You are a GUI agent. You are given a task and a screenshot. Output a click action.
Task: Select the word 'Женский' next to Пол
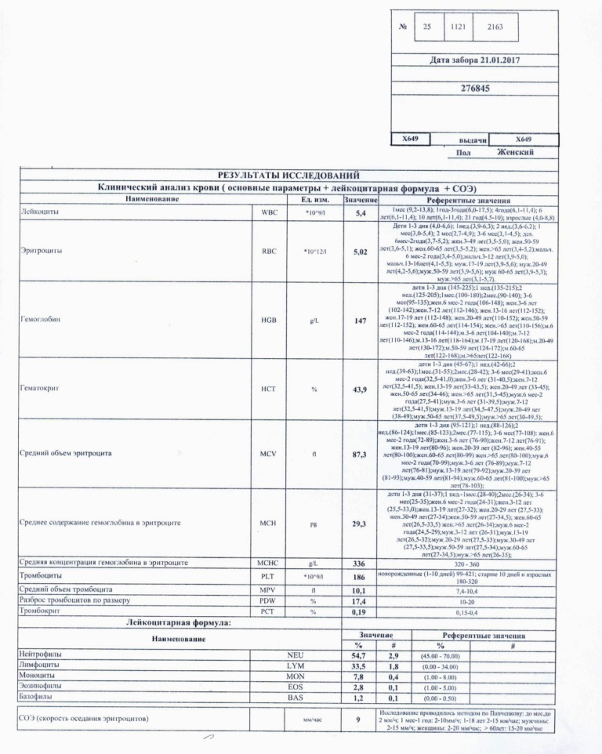point(515,152)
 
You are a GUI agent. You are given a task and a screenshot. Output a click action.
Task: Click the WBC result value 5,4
point(361,213)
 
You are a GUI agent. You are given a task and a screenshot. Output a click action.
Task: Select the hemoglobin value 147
point(361,321)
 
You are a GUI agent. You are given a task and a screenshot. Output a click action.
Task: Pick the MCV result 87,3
point(361,454)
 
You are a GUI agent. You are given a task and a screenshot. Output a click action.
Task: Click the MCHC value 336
point(361,564)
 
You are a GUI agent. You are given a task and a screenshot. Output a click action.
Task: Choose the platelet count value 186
point(361,576)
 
